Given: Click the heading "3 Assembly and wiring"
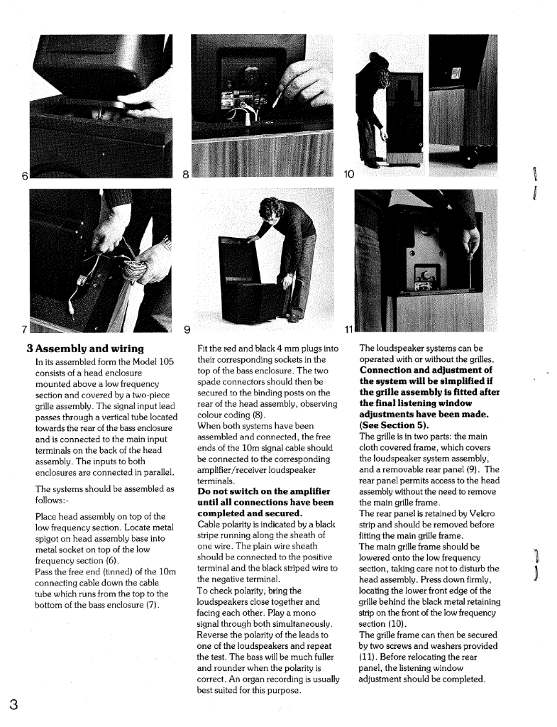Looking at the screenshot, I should [86, 349].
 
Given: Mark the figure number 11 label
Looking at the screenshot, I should [348, 328].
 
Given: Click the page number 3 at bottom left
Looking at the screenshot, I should [13, 705].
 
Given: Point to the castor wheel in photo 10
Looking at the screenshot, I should [469, 160].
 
